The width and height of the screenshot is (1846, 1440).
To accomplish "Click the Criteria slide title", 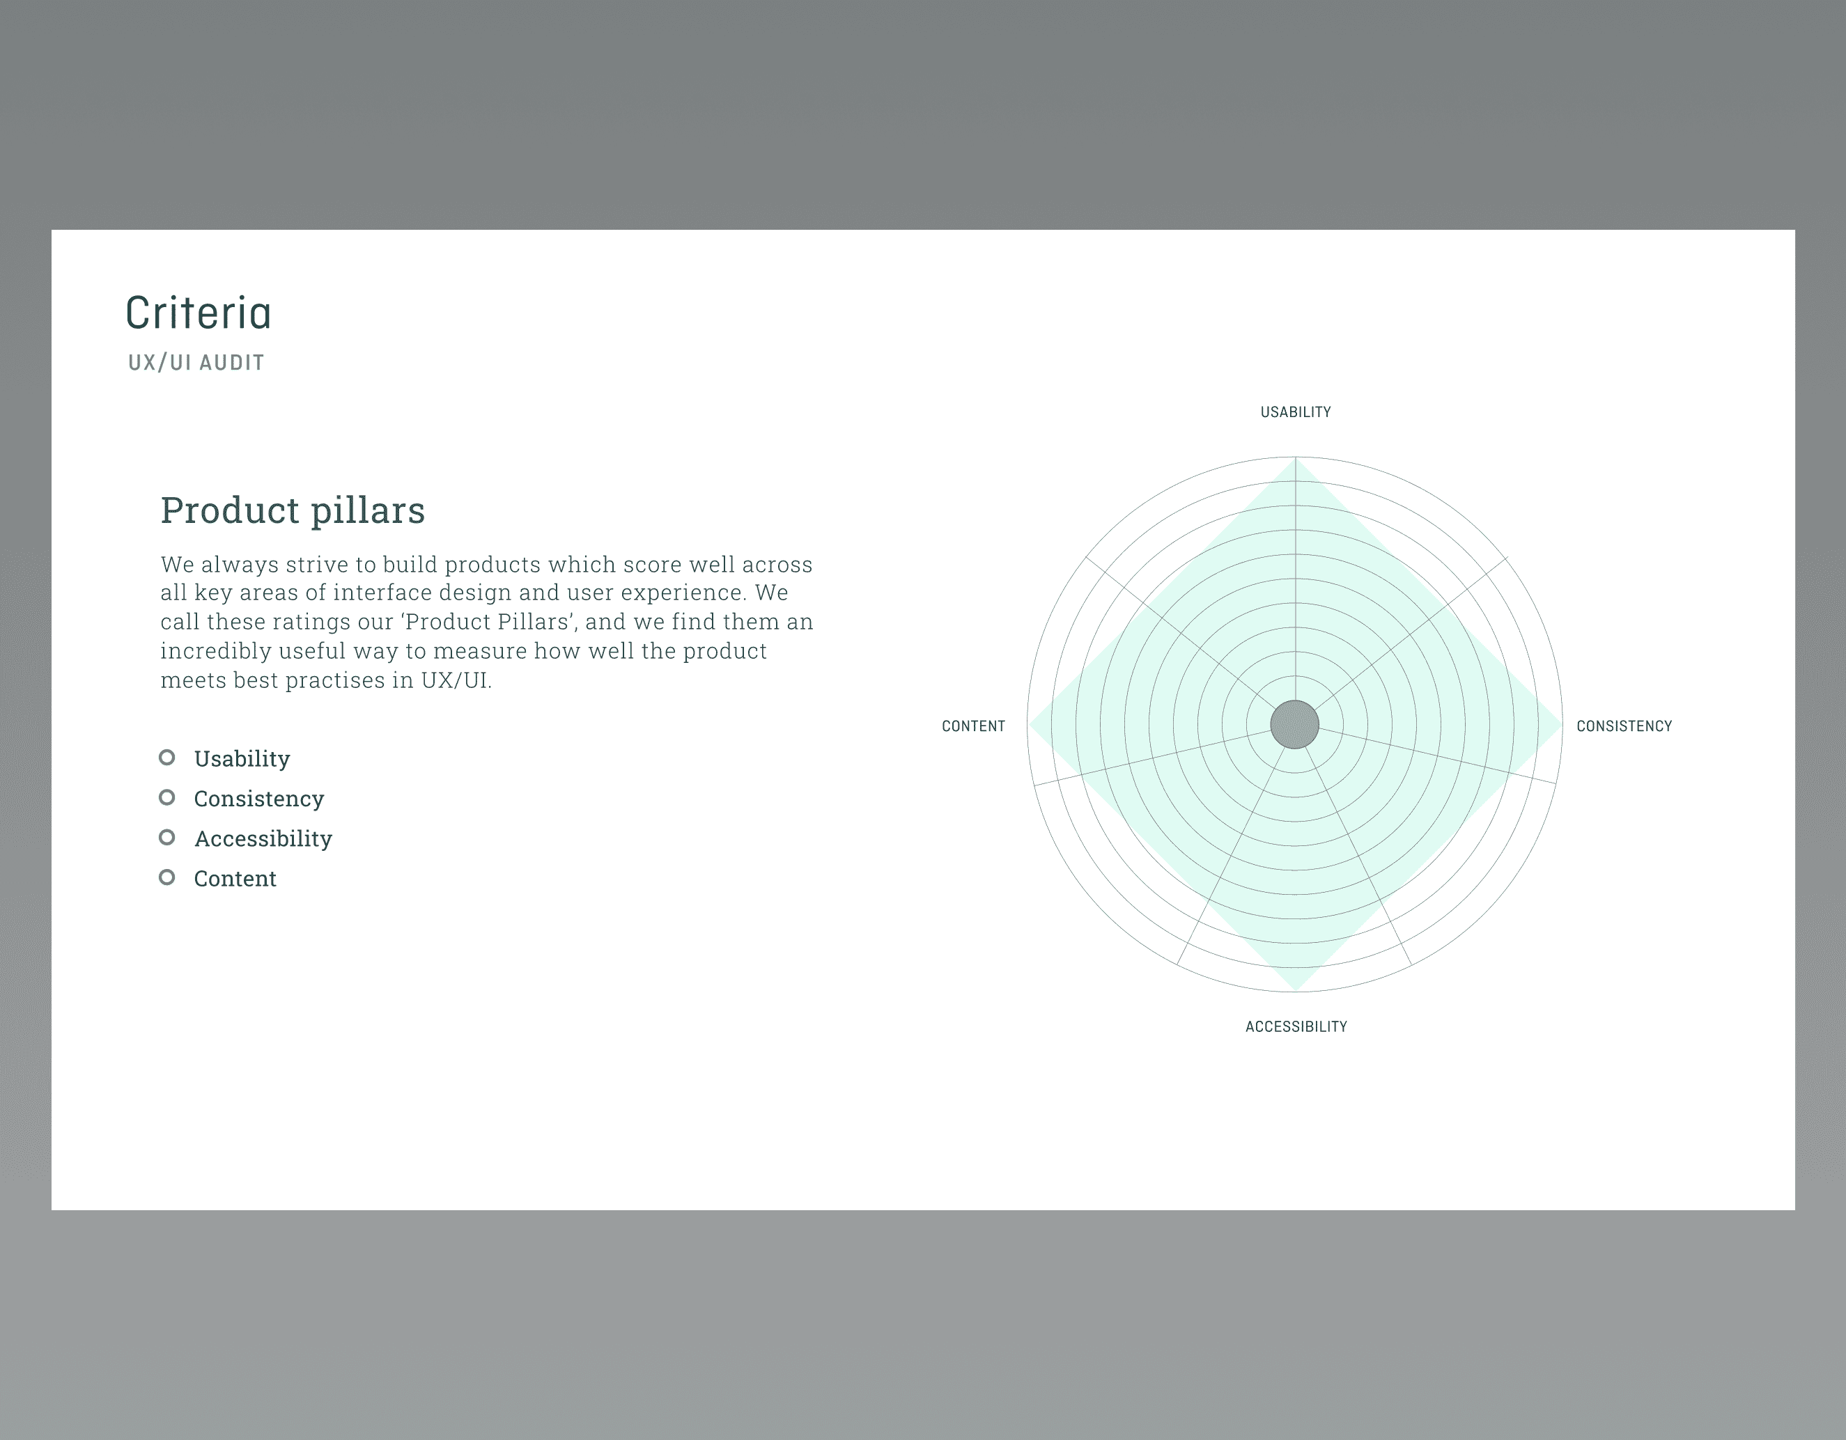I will point(199,313).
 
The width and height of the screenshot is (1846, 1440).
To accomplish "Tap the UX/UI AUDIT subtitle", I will point(196,363).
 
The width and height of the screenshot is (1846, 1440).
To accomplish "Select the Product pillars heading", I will point(293,510).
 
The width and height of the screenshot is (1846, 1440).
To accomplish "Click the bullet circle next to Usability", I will point(167,757).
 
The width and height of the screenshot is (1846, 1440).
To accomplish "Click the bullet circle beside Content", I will point(167,877).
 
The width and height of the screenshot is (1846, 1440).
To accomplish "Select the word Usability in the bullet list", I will point(242,759).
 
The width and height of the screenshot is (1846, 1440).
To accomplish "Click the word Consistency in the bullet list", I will point(258,799).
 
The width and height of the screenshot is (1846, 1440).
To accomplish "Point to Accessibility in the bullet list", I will point(263,838).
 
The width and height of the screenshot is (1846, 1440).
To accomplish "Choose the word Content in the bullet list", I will point(235,879).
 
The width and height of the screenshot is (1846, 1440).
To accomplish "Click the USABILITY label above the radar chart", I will point(1295,412).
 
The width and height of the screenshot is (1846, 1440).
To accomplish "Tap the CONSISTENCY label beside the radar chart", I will point(1624,726).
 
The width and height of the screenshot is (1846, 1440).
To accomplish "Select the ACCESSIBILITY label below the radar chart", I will point(1296,1027).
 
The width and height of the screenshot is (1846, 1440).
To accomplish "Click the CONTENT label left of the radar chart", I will point(973,726).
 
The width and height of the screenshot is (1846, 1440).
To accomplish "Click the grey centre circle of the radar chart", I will point(1295,724).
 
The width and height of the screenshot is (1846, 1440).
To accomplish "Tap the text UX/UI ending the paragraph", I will point(456,681).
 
